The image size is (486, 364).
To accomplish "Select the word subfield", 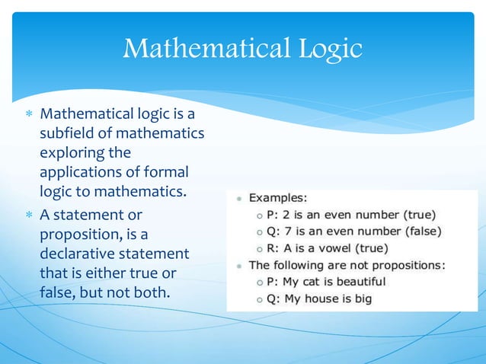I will tap(70, 134).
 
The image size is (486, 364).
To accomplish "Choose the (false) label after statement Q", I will tap(421, 231).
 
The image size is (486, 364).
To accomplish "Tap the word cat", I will tap(314, 282).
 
